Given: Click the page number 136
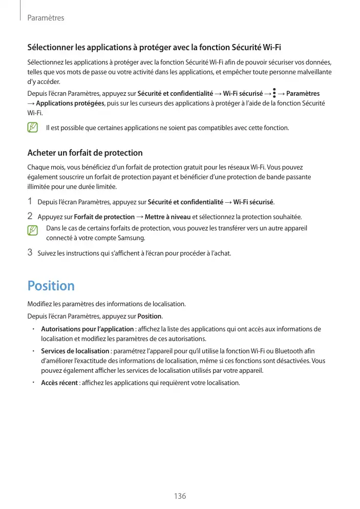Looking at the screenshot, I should click(180, 496).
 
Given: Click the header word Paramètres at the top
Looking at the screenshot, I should click(45, 18).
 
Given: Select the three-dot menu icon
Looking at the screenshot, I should click(274, 93).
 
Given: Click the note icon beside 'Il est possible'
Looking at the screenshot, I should click(33, 127).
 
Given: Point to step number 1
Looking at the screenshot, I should click(30, 201).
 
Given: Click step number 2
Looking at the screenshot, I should click(30, 216).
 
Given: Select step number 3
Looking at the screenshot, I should click(30, 252).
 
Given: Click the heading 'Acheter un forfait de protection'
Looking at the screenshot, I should click(84, 153).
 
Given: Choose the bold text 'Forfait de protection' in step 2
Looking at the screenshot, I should click(104, 217).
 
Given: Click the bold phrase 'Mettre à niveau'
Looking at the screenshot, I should click(167, 217).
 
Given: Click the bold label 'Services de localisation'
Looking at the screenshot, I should click(75, 351).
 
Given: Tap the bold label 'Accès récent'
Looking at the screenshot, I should click(59, 383).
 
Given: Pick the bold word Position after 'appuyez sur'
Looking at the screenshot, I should click(150, 315).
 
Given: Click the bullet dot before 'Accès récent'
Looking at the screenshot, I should click(32, 382).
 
